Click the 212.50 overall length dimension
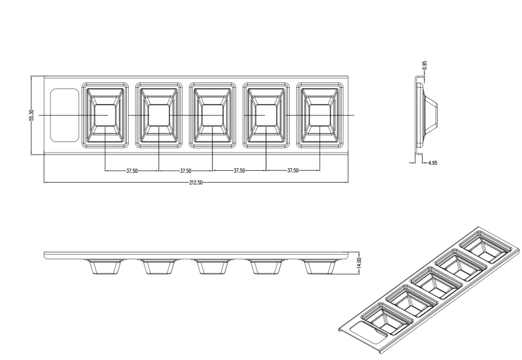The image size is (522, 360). pos(196,183)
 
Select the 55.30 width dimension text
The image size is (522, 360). pos(31,115)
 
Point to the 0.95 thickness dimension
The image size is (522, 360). pos(424,65)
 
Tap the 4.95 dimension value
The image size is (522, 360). pos(433,163)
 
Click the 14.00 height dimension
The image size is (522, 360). pos(358,263)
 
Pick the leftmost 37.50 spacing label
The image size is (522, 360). pos(132,171)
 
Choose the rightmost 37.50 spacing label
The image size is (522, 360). pos(292,170)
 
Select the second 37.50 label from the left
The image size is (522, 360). pos(185,171)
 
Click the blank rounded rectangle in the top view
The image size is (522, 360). pos(65,115)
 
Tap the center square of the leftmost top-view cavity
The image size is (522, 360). pos(105,115)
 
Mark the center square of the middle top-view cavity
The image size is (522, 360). pos(213,115)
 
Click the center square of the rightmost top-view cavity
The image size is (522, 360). pos(320,115)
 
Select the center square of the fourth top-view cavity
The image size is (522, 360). pos(266,115)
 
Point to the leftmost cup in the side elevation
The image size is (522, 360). pos(105,267)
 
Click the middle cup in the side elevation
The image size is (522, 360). pos(213,267)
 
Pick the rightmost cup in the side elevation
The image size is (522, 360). pos(320,267)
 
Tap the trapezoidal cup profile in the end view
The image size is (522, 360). pos(431,115)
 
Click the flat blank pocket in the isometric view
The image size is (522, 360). pos(370,332)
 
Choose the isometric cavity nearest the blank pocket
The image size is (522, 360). pos(387,318)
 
